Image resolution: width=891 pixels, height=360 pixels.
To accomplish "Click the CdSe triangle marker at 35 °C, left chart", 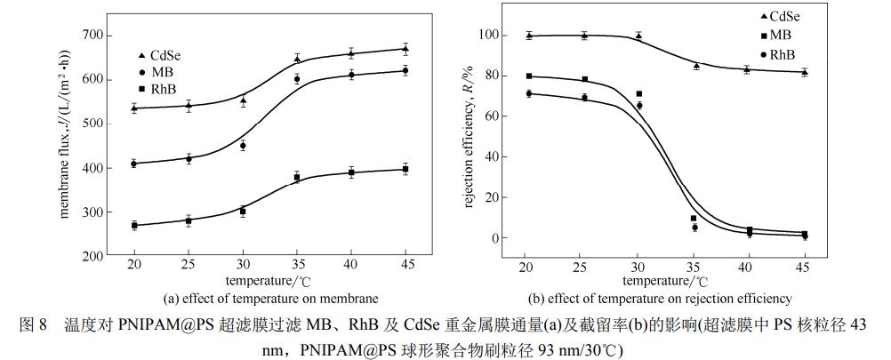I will tap(297, 60).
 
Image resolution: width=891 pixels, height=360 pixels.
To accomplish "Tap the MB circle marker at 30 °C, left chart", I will tap(243, 145).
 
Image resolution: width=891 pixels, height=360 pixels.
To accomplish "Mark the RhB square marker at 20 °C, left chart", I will tap(134, 226).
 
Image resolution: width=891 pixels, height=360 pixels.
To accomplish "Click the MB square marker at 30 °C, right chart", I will tap(638, 93).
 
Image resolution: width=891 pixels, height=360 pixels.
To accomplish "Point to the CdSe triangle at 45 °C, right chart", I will tap(805, 72).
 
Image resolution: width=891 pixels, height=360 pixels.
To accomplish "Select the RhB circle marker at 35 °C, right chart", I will tap(694, 228).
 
